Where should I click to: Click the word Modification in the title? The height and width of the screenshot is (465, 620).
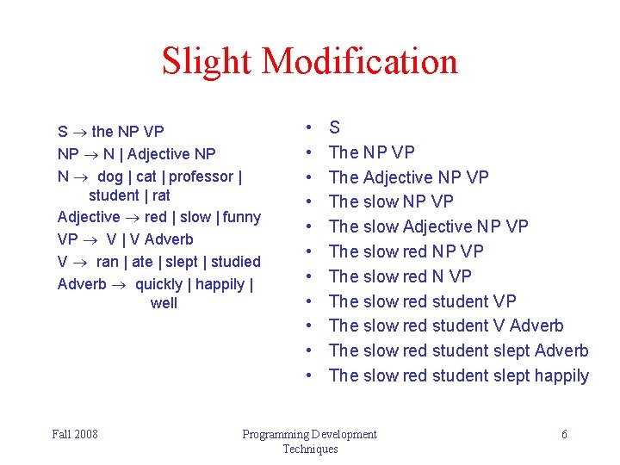[360, 61]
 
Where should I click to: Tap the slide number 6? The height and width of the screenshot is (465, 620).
[564, 434]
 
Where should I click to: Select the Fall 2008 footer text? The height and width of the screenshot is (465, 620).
[75, 434]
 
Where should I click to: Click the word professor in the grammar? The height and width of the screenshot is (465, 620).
[204, 177]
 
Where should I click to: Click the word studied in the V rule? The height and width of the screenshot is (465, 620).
[235, 261]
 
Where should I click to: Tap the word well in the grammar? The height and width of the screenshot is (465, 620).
[164, 302]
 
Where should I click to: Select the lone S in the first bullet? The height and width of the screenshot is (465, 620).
[335, 127]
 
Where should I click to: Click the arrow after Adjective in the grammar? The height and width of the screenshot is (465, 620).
[132, 217]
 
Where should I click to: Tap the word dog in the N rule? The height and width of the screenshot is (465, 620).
[110, 177]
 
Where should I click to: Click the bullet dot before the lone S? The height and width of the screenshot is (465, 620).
[307, 127]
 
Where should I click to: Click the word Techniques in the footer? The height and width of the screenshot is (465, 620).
[310, 449]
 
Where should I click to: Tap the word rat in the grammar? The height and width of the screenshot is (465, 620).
[161, 195]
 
